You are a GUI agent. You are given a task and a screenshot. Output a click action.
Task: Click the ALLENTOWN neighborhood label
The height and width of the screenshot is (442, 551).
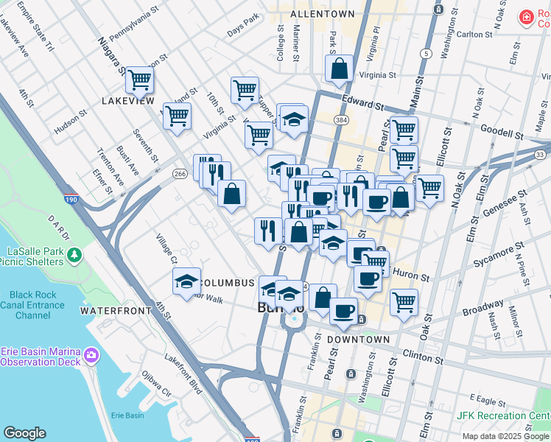pos(322,14)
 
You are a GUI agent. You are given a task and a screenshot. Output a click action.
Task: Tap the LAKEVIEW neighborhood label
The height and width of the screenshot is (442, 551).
pos(128,100)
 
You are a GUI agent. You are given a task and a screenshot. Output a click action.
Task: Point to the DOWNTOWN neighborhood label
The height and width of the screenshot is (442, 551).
pos(358,340)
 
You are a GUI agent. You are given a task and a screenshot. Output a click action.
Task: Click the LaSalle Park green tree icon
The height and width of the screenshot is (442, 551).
pos(74,255)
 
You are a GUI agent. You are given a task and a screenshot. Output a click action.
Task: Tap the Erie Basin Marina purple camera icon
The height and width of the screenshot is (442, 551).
pos(92,355)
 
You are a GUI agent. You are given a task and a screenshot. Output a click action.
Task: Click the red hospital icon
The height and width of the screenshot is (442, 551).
pos(526,18)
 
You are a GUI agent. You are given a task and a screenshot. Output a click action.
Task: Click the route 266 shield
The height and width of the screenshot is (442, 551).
pos(180,173)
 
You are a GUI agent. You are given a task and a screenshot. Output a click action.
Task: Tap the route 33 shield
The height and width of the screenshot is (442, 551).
pos(540,154)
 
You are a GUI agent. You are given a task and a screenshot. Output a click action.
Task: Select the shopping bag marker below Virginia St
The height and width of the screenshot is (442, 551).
pos(338,69)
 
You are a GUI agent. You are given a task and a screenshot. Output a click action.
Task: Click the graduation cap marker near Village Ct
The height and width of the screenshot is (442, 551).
pos(186,281)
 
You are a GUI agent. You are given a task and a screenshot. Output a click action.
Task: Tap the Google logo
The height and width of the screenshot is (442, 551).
pos(25,433)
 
